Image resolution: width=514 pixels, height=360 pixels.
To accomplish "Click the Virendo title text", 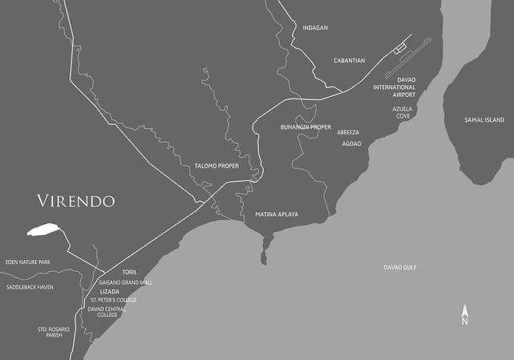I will (75, 200).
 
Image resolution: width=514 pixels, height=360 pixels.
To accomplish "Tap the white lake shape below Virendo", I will (44, 230).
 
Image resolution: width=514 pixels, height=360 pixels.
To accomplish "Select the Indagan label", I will (315, 28).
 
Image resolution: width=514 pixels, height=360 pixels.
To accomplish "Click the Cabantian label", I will (349, 60).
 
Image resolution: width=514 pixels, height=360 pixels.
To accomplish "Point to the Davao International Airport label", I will (404, 87).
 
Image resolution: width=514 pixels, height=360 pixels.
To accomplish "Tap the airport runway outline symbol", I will (408, 56).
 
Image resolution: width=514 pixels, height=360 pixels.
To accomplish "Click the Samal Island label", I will (484, 119).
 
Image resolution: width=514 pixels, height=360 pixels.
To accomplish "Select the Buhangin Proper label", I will (306, 127).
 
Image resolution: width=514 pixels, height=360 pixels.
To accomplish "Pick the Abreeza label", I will (348, 132).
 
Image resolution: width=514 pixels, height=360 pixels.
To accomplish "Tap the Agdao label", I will (351, 144).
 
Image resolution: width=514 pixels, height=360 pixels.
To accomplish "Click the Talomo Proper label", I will (217, 166).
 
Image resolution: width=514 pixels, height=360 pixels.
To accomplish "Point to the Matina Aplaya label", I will (276, 215).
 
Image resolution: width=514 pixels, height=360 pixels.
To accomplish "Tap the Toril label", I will (129, 272).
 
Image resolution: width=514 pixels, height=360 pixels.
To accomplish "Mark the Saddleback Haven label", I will (29, 287).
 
